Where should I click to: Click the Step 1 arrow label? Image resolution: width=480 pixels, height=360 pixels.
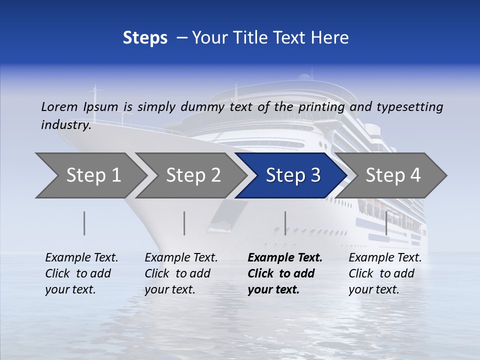pos(93,175)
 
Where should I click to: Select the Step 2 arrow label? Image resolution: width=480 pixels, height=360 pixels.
pos(193,175)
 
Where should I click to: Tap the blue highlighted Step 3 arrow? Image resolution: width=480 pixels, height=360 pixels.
pos(293,175)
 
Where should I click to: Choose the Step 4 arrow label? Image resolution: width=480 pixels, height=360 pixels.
pos(393,175)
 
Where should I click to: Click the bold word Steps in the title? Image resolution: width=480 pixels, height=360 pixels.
pos(145,38)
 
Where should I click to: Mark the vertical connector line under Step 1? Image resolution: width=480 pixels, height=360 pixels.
pos(84,223)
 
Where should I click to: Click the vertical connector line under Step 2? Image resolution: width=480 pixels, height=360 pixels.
pos(184,223)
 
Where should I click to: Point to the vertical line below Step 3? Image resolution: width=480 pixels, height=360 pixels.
pos(285,223)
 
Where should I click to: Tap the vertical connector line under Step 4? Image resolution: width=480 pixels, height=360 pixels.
pos(386,223)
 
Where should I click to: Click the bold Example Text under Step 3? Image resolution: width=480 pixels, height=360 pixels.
pos(285,258)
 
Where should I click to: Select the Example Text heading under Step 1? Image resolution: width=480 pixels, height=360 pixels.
pos(81,258)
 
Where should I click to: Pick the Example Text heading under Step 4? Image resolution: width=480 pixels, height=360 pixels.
pos(385,258)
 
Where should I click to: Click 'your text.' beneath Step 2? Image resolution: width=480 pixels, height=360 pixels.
pos(170,289)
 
